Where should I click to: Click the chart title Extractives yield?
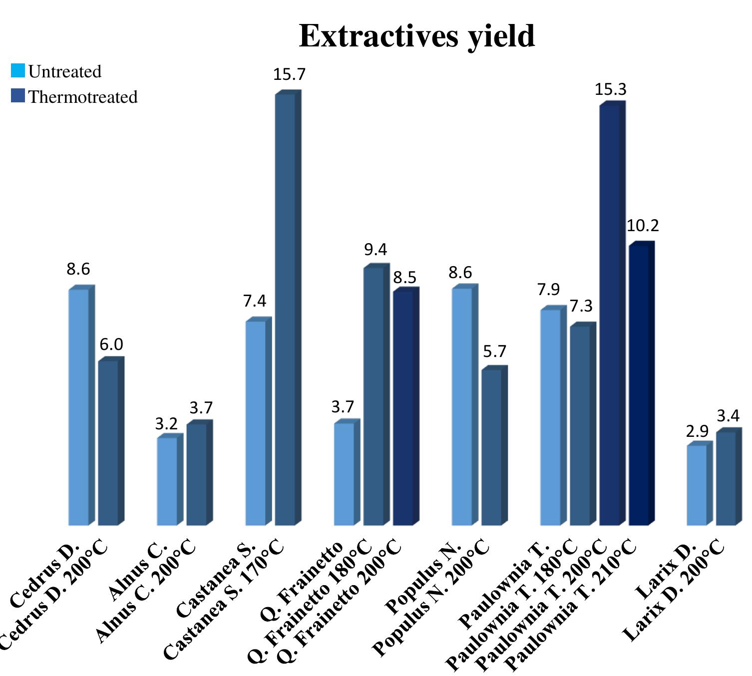pyautogui.click(x=416, y=36)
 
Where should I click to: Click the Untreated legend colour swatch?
pyautogui.click(x=18, y=71)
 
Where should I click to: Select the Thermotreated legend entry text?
pyautogui.click(x=82, y=97)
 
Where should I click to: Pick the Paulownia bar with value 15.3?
pyautogui.click(x=609, y=315)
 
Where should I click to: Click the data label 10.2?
pyautogui.click(x=643, y=226)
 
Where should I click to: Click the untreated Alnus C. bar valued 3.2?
pyautogui.click(x=167, y=481)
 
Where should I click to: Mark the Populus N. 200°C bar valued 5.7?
pyautogui.click(x=491, y=447)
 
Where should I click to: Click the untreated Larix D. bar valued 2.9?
pyautogui.click(x=697, y=485)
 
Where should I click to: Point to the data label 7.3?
pyautogui.click(x=581, y=306)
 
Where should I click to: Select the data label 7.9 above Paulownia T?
pyautogui.click(x=548, y=290)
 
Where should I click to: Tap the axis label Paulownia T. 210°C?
pyautogui.click(x=572, y=604)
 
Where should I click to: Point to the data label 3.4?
pyautogui.click(x=728, y=415)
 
